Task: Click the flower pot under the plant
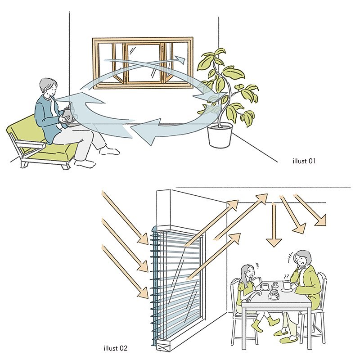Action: (x=220, y=135)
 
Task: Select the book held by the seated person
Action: (x=68, y=114)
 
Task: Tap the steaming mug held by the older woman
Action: (x=287, y=284)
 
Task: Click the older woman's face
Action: (x=300, y=261)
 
